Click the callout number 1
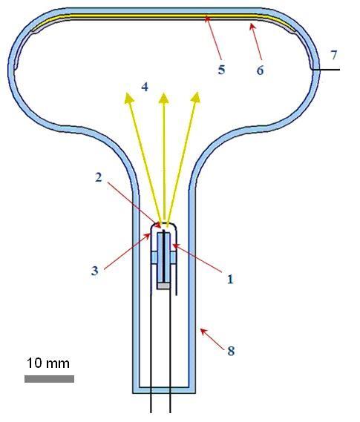point(230,280)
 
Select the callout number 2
point(99,177)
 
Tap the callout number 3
point(94,271)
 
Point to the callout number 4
point(145,87)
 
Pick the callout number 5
point(221,70)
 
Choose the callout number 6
point(260,70)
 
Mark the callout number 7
point(334,55)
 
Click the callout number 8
point(231,351)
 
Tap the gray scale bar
point(49,379)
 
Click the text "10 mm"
point(48,363)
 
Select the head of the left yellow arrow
point(128,98)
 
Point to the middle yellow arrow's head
point(164,98)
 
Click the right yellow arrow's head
point(196,97)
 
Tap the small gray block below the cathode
point(164,286)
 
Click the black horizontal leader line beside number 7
point(326,70)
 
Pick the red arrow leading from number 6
point(256,42)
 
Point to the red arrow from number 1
point(197,257)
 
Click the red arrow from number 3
point(127,251)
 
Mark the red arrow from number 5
point(213,37)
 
